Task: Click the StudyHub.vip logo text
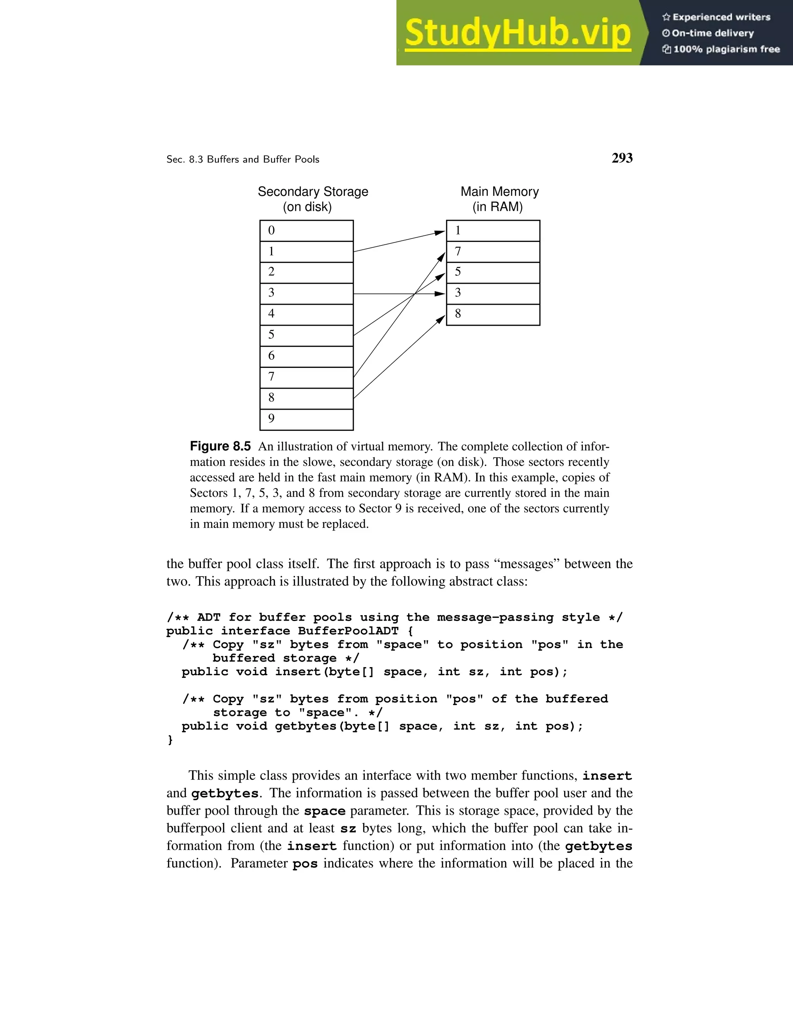coord(518,33)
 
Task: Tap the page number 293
coord(622,158)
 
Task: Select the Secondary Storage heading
coord(313,192)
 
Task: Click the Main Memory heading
coord(499,192)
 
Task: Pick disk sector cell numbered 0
coord(306,231)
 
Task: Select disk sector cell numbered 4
coord(306,314)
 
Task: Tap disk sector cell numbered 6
coord(306,357)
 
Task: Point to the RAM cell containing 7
coord(493,252)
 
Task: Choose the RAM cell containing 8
coord(493,314)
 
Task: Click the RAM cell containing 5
coord(493,273)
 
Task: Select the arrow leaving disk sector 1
coord(399,242)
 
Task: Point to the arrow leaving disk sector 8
coord(399,357)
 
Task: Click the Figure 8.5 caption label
coord(220,446)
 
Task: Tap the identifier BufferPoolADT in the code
coord(348,631)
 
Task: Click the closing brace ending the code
coord(170,740)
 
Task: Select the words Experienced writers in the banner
coord(721,17)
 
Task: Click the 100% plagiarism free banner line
coord(726,49)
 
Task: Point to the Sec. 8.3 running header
coord(243,160)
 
